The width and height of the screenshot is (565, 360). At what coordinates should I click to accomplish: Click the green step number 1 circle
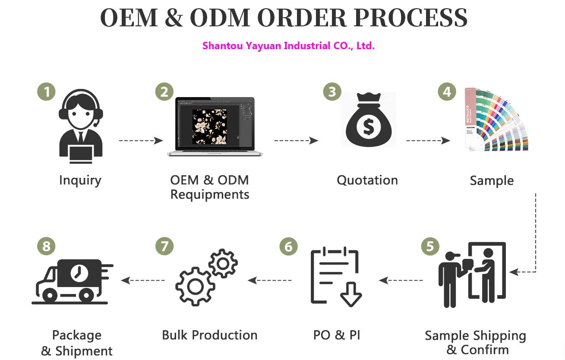[46, 92]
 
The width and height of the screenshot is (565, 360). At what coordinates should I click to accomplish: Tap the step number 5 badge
[430, 246]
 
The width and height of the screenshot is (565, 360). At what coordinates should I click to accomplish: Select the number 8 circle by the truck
[46, 246]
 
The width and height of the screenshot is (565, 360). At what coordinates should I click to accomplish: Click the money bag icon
[368, 121]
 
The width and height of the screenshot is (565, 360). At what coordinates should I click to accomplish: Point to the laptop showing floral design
[215, 126]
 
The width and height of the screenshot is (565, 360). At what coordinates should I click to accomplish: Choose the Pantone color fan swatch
[496, 120]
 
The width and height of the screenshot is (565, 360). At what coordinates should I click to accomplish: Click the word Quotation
[367, 180]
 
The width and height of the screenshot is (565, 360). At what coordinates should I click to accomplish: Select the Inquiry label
[80, 180]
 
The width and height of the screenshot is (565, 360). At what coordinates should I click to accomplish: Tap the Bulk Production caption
[210, 335]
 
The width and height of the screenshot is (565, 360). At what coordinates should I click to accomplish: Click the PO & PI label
[337, 335]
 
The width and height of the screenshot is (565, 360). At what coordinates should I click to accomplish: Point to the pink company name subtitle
[288, 46]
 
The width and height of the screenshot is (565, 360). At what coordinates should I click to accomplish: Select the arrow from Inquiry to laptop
[141, 140]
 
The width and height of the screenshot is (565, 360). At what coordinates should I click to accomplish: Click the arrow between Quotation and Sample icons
[428, 140]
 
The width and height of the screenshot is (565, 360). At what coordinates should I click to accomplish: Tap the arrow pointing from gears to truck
[143, 281]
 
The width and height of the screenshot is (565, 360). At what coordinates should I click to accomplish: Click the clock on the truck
[79, 273]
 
